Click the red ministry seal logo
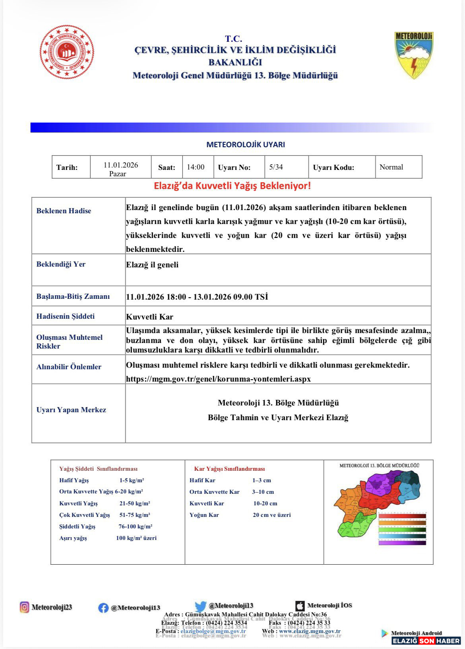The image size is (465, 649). click(67, 52)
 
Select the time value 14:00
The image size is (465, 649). click(196, 167)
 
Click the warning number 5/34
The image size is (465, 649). click(276, 167)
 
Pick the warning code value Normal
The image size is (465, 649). click(391, 167)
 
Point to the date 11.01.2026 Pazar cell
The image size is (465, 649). click(120, 169)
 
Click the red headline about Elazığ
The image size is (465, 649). click(232, 186)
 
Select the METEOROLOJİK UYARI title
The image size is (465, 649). click(245, 145)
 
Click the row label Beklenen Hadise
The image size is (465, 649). click(64, 211)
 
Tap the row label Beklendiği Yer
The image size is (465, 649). click(61, 264)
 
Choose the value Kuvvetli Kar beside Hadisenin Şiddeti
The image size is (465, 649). click(149, 317)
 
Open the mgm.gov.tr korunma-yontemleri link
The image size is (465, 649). click(218, 379)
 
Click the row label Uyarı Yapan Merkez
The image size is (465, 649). click(71, 410)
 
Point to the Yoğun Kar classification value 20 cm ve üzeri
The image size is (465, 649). click(271, 515)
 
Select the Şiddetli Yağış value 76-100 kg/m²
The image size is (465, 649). click(136, 526)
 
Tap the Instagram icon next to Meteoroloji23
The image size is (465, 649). click(25, 607)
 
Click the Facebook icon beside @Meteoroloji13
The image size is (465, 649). click(103, 608)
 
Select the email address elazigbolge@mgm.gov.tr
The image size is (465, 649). click(213, 631)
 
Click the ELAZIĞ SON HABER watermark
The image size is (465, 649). click(426, 641)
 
